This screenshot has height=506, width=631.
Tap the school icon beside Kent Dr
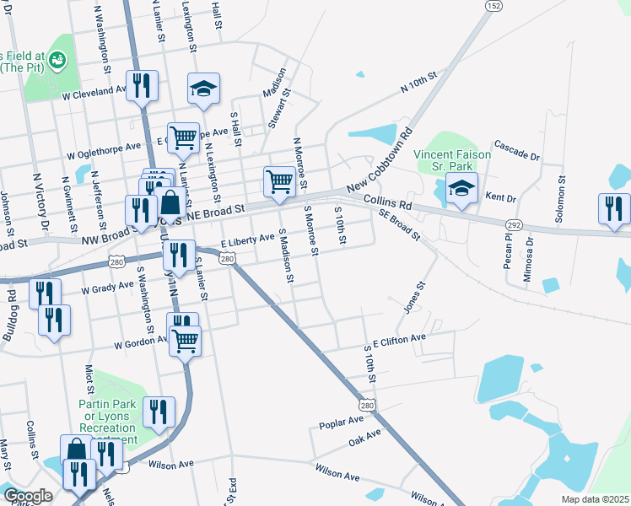click(461, 188)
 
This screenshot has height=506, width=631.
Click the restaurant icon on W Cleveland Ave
click(141, 84)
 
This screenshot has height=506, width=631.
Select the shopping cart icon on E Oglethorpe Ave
click(183, 137)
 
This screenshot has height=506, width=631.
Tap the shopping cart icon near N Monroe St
click(279, 180)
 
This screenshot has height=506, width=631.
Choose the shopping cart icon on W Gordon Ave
click(185, 341)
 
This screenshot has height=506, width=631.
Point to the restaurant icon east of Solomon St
click(613, 208)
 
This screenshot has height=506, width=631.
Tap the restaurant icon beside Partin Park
click(158, 412)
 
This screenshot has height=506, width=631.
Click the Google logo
click(28, 496)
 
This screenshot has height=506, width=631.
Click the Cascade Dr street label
click(516, 149)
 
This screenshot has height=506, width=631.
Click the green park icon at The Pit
click(57, 59)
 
